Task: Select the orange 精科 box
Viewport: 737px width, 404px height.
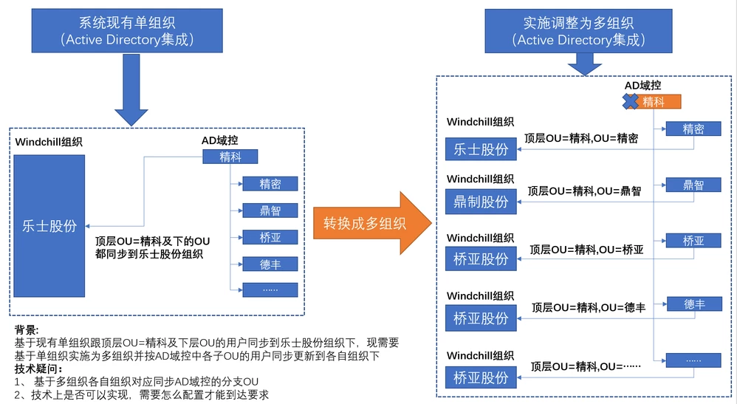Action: click(656, 103)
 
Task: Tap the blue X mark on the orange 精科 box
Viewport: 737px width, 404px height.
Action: click(631, 102)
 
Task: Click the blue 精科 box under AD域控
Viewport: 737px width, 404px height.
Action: click(230, 157)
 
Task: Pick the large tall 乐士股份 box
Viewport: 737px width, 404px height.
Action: click(49, 227)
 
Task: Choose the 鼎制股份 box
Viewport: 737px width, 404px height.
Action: click(481, 202)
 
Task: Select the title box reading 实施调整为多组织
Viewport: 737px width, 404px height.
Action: click(577, 30)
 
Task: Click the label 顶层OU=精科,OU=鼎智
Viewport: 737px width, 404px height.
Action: click(584, 191)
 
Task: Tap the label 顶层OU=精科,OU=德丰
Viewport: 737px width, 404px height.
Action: click(588, 307)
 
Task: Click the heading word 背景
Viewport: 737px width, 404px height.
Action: click(27, 329)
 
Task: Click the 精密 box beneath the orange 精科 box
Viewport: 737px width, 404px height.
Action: click(693, 129)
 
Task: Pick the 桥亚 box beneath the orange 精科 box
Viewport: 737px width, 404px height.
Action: click(693, 241)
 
